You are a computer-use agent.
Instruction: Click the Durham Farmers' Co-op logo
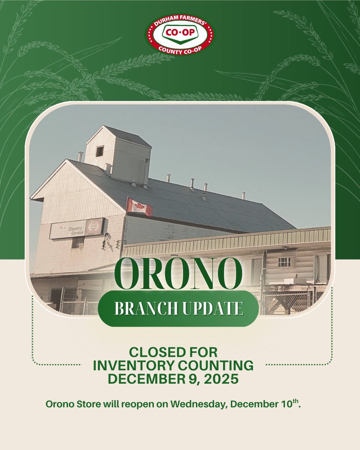(180, 34)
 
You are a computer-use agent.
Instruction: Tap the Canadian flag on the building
(139, 207)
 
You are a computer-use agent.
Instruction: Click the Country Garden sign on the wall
(76, 228)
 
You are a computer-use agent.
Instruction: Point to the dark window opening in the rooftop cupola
(99, 151)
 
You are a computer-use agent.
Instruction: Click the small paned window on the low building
(284, 262)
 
